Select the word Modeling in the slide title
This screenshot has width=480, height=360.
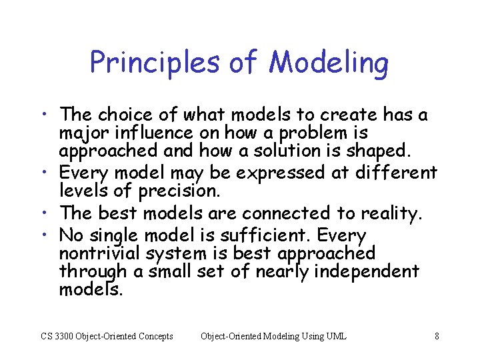click(x=329, y=63)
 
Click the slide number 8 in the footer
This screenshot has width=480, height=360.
click(x=437, y=336)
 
